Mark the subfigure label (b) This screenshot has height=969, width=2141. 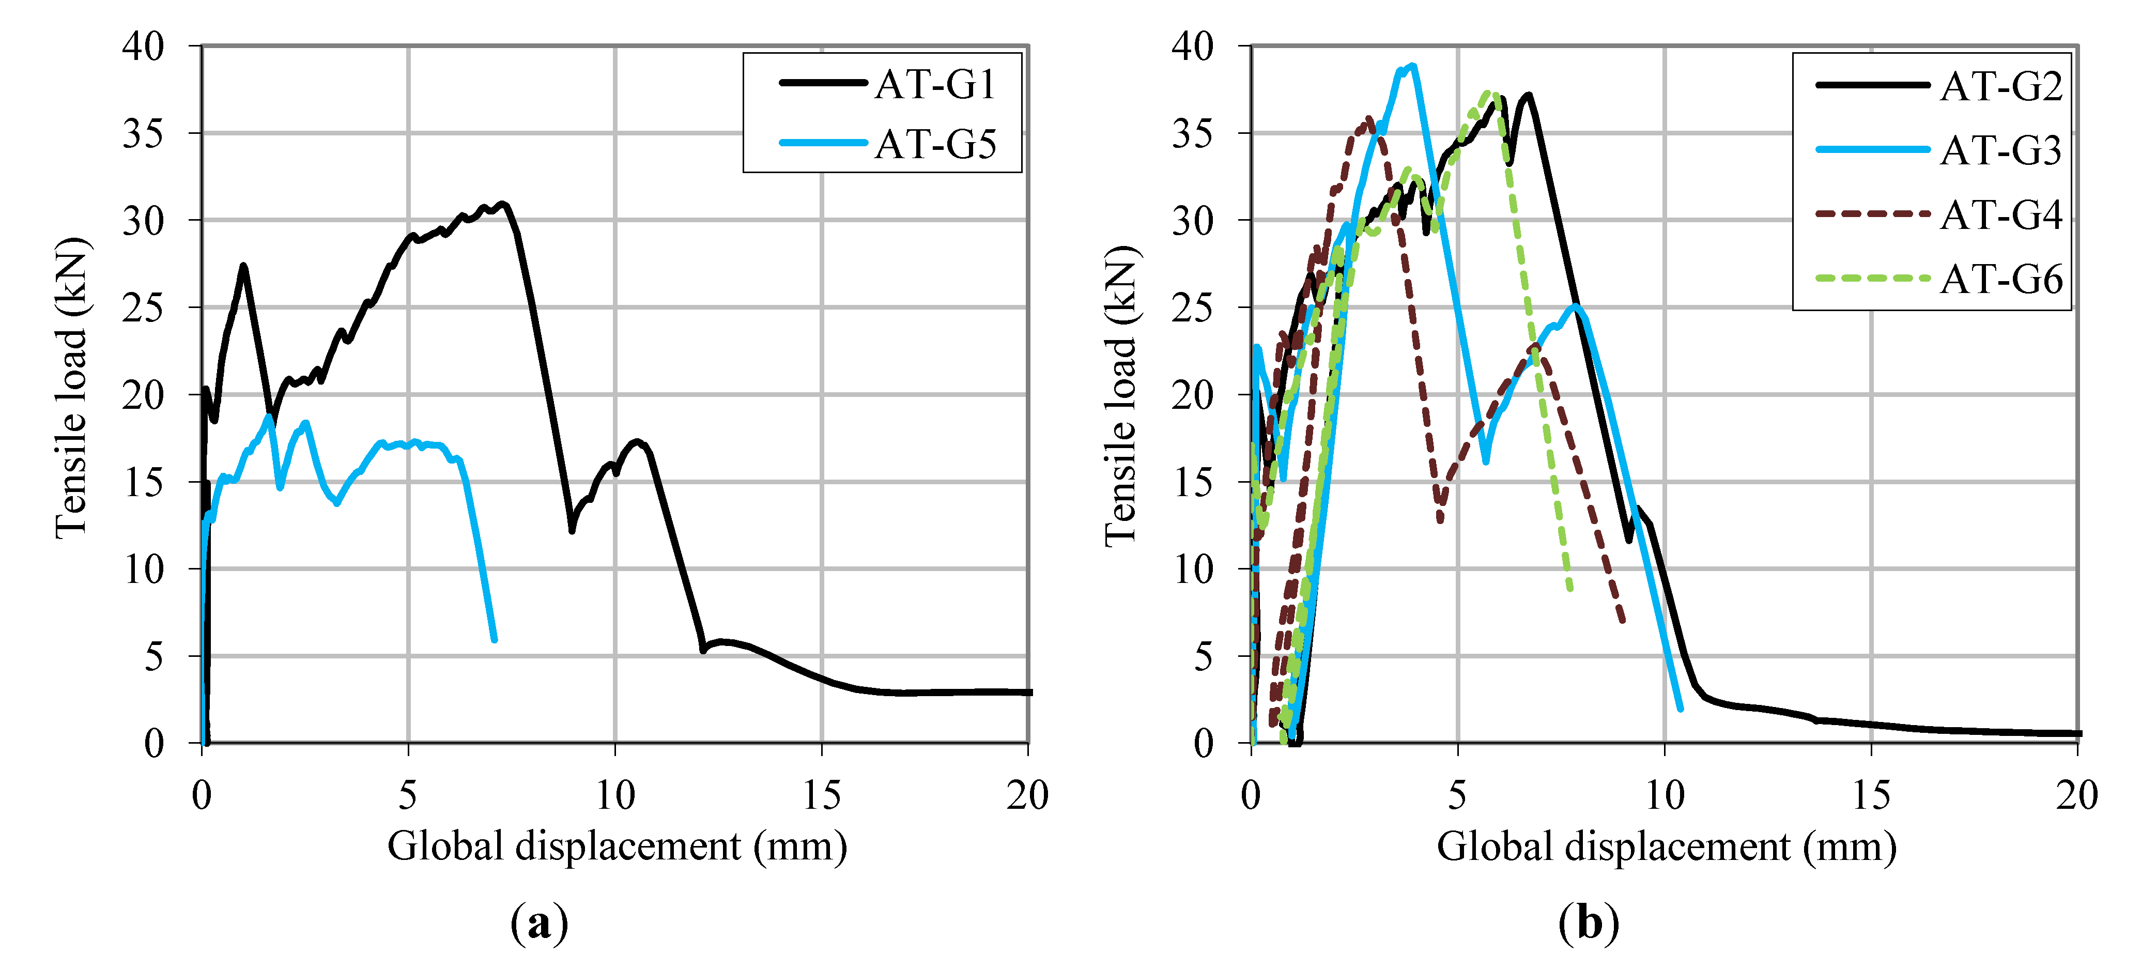pos(1588,922)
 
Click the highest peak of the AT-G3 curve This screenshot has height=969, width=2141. pos(1412,66)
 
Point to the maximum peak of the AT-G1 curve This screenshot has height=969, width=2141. pos(501,204)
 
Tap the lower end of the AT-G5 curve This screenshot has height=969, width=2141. pos(495,640)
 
